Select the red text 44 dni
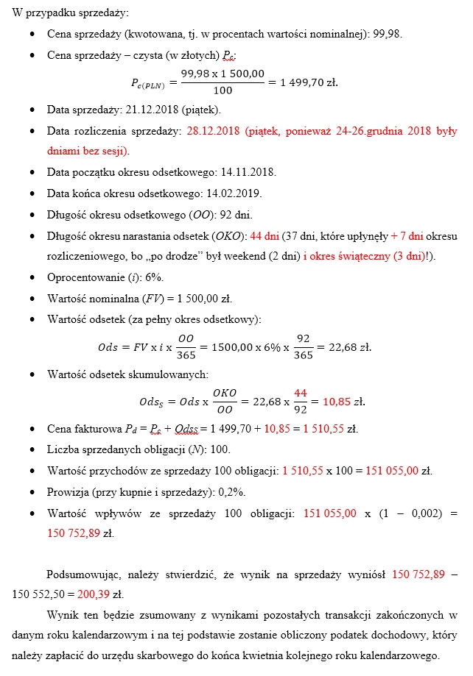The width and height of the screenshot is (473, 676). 264,236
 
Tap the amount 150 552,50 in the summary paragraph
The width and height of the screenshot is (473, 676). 43,592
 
